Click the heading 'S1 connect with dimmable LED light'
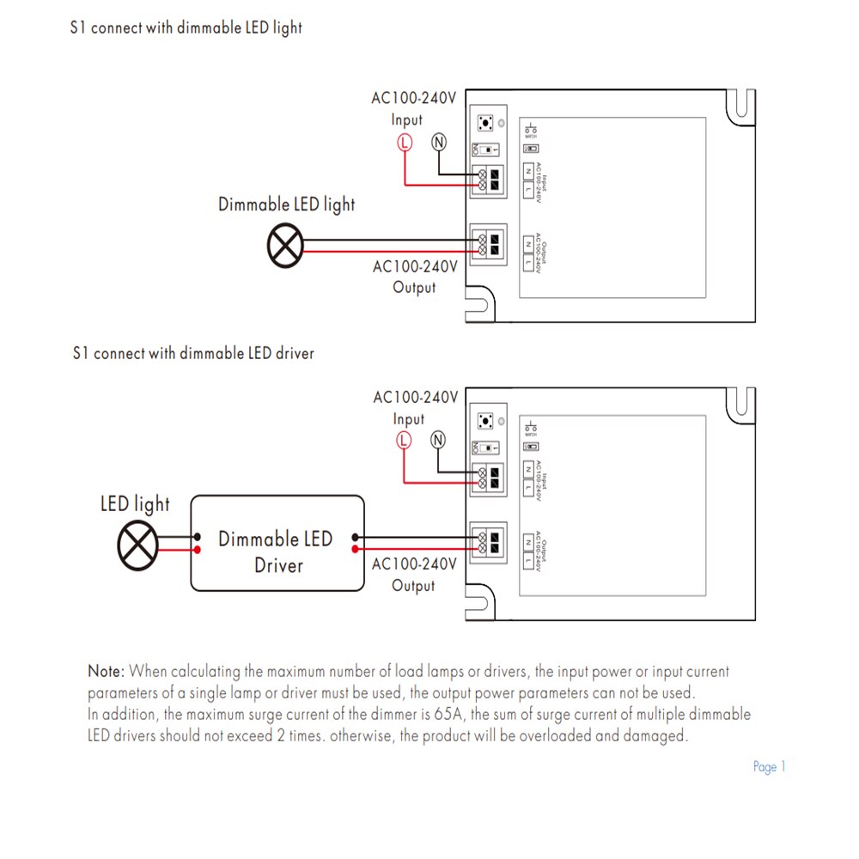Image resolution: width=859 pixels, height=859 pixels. pyautogui.click(x=186, y=27)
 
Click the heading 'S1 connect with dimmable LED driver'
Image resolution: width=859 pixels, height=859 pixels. pyautogui.click(x=193, y=353)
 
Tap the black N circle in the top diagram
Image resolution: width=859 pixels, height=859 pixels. pyautogui.click(x=439, y=143)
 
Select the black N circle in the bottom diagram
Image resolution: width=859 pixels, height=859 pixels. pyautogui.click(x=438, y=441)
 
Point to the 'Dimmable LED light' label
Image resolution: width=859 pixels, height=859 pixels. pyautogui.click(x=286, y=205)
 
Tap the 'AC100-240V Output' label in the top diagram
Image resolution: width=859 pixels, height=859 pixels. pyautogui.click(x=414, y=277)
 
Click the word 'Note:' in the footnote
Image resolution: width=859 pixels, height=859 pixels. pyautogui.click(x=107, y=671)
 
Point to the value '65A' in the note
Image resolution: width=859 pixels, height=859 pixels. pyautogui.click(x=452, y=715)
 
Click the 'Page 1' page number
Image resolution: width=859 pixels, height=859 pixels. pyautogui.click(x=769, y=767)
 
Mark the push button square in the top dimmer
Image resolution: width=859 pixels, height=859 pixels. pyautogui.click(x=486, y=124)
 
